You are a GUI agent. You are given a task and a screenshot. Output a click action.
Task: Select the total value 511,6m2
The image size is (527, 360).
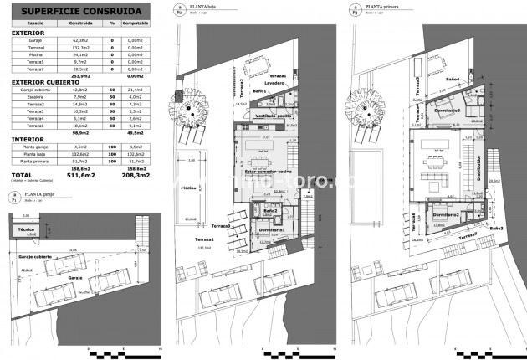click(x=80, y=176)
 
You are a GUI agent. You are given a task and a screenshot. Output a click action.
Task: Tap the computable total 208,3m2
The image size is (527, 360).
click(x=135, y=176)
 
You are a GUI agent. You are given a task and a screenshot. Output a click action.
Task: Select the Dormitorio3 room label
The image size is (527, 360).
click(x=448, y=110)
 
